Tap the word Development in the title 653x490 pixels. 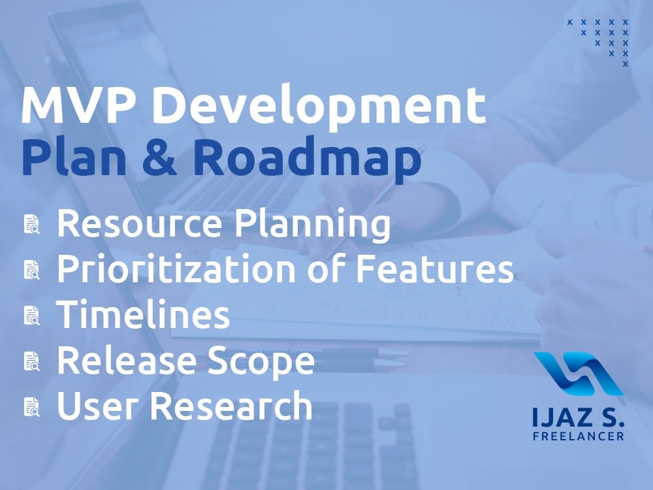pos(319,108)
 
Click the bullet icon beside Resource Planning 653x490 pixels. pos(32,225)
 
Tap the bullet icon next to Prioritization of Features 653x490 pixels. pos(32,270)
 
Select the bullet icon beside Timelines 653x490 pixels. pos(32,315)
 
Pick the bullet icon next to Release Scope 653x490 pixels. pos(32,361)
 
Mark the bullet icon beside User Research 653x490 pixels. pos(32,406)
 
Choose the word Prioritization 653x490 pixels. pos(197,269)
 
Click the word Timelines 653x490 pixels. pos(143,315)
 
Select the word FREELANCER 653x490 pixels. pos(578,436)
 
